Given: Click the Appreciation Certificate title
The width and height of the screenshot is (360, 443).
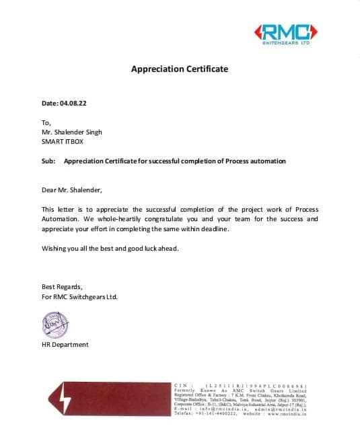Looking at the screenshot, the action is tap(179, 69).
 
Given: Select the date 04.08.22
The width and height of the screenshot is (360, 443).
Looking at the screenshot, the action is tap(74, 104).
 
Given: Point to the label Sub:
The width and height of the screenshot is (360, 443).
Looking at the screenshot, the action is tap(48, 161).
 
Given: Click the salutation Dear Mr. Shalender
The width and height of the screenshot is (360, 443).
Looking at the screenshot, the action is tap(71, 190).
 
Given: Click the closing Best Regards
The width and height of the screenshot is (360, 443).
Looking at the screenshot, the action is tap(62, 286).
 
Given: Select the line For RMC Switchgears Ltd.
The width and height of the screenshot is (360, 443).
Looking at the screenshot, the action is tap(79, 296).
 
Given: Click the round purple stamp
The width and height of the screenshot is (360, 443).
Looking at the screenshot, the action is tap(54, 325).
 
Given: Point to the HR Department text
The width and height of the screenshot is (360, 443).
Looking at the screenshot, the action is tap(65, 345).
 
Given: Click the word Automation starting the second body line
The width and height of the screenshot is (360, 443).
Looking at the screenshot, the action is tap(62, 219).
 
